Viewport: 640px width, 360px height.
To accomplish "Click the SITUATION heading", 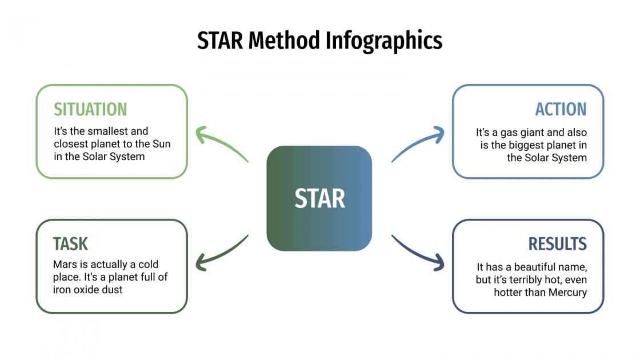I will coord(90,109).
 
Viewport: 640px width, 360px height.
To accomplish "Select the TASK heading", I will coord(70,244).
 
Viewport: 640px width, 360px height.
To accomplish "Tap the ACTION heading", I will coord(561,109).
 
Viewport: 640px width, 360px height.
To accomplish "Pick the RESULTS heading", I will coord(557,244).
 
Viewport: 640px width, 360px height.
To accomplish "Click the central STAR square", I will coord(319,198).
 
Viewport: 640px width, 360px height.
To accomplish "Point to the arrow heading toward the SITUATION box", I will coord(221,143).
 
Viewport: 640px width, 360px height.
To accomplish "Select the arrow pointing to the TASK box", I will coord(221,254).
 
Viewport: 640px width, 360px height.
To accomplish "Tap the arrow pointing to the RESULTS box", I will coord(419,254).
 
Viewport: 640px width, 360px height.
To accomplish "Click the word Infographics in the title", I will coord(384,41).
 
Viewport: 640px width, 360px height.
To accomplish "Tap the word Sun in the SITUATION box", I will coord(161,144).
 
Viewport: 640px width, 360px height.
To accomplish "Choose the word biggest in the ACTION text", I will coord(524,145).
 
